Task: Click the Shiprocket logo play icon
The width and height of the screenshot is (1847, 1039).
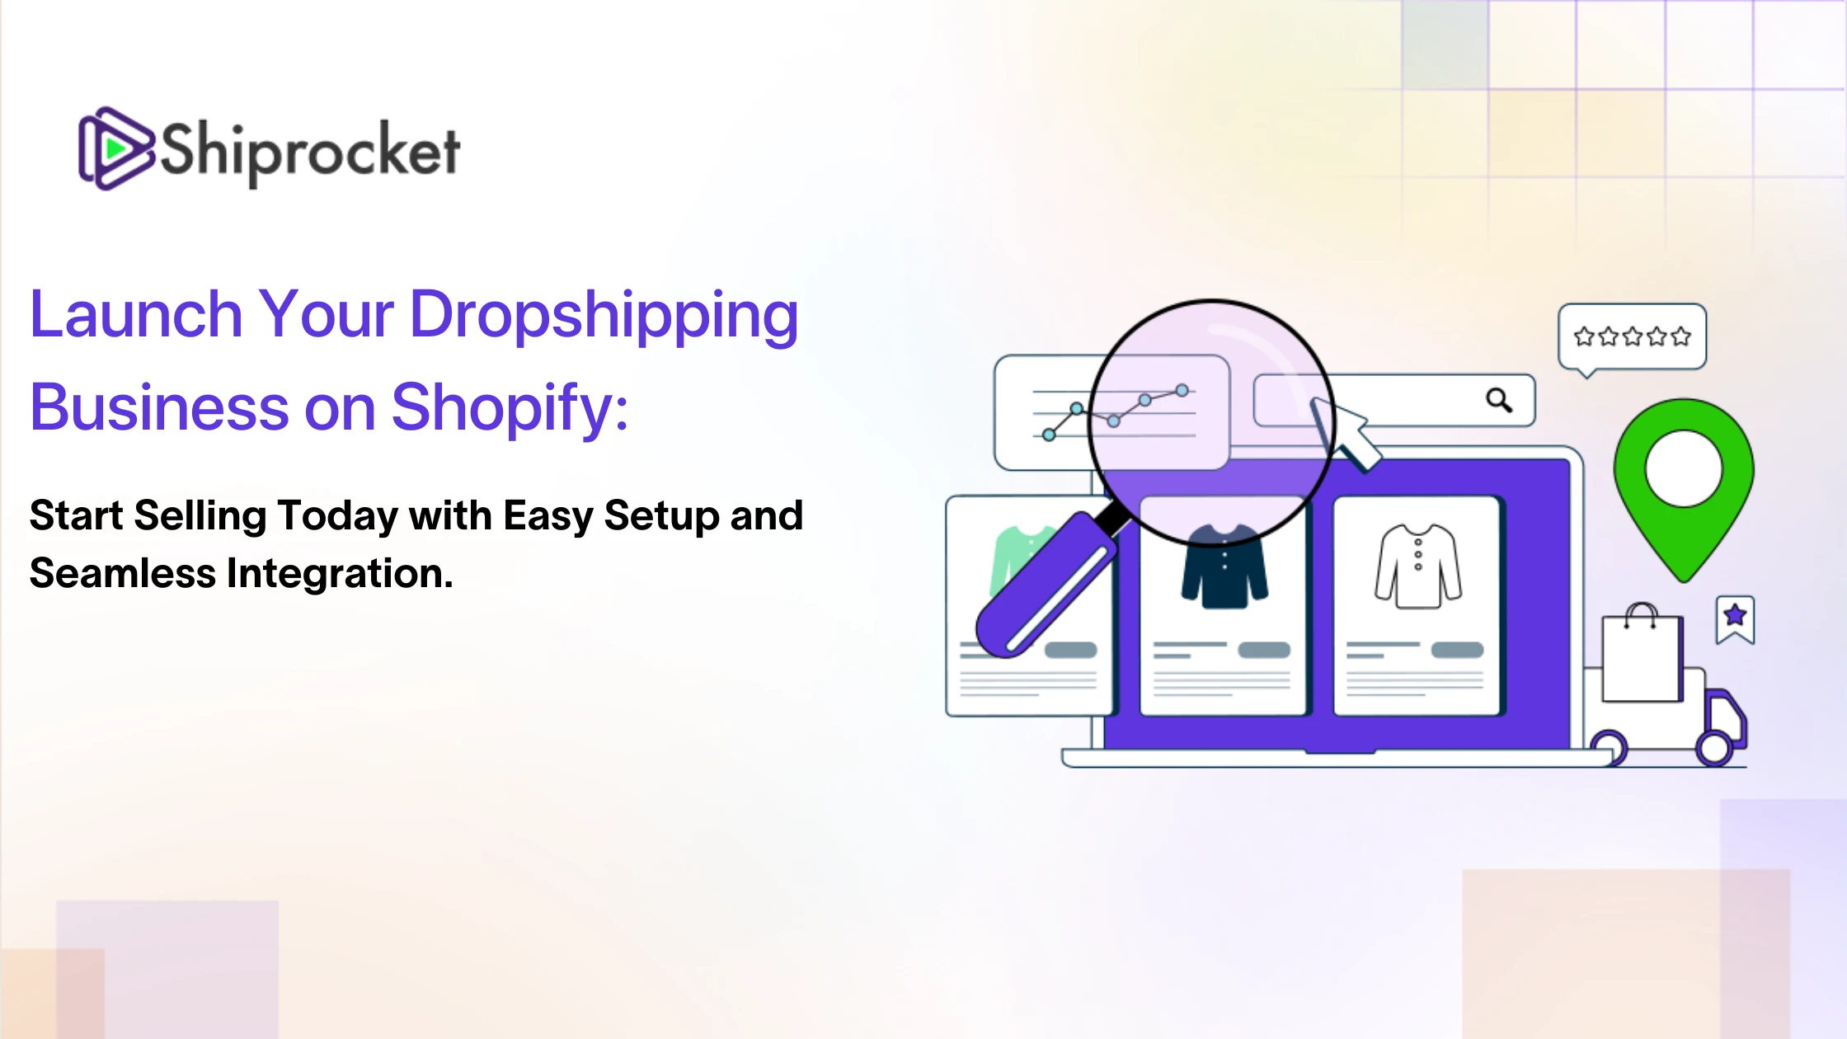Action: [x=115, y=148]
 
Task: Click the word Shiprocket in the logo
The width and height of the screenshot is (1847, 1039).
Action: [x=310, y=151]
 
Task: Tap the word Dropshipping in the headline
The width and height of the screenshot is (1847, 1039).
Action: [x=604, y=317]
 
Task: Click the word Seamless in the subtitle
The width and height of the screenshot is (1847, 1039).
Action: [x=123, y=573]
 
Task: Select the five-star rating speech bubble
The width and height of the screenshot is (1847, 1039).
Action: [x=1632, y=338]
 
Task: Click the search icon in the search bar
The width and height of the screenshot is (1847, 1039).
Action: [x=1499, y=400]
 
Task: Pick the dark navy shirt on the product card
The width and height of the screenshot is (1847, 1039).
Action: [x=1224, y=567]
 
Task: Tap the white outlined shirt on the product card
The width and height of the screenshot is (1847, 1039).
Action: [x=1418, y=567]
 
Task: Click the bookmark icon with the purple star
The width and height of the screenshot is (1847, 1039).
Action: [x=1736, y=619]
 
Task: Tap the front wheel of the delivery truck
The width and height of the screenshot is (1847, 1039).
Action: [x=1715, y=749]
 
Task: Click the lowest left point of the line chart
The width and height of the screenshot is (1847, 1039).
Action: [x=1049, y=435]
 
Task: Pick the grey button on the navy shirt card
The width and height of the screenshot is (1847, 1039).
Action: [x=1264, y=650]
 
